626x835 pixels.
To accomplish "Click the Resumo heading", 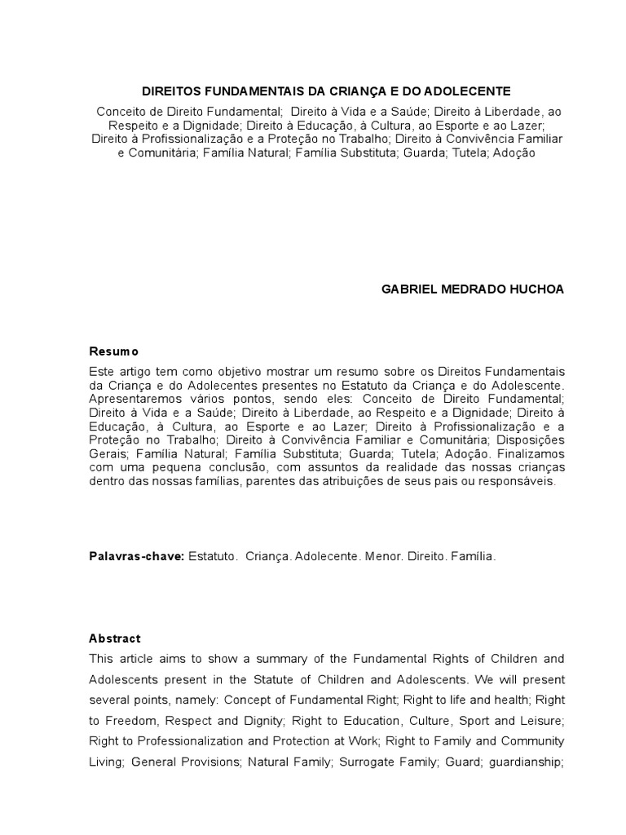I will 113,351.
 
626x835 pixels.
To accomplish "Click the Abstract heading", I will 115,638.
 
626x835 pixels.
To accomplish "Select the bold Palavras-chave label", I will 136,556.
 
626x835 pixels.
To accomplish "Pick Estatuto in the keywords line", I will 213,556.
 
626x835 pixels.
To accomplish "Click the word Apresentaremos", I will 135,398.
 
